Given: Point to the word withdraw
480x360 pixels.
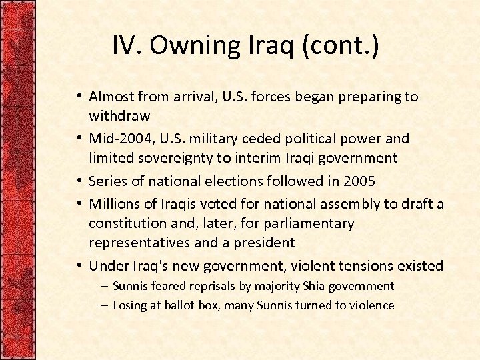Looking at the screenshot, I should click(x=119, y=116).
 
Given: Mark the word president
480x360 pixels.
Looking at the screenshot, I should click(x=262, y=242).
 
